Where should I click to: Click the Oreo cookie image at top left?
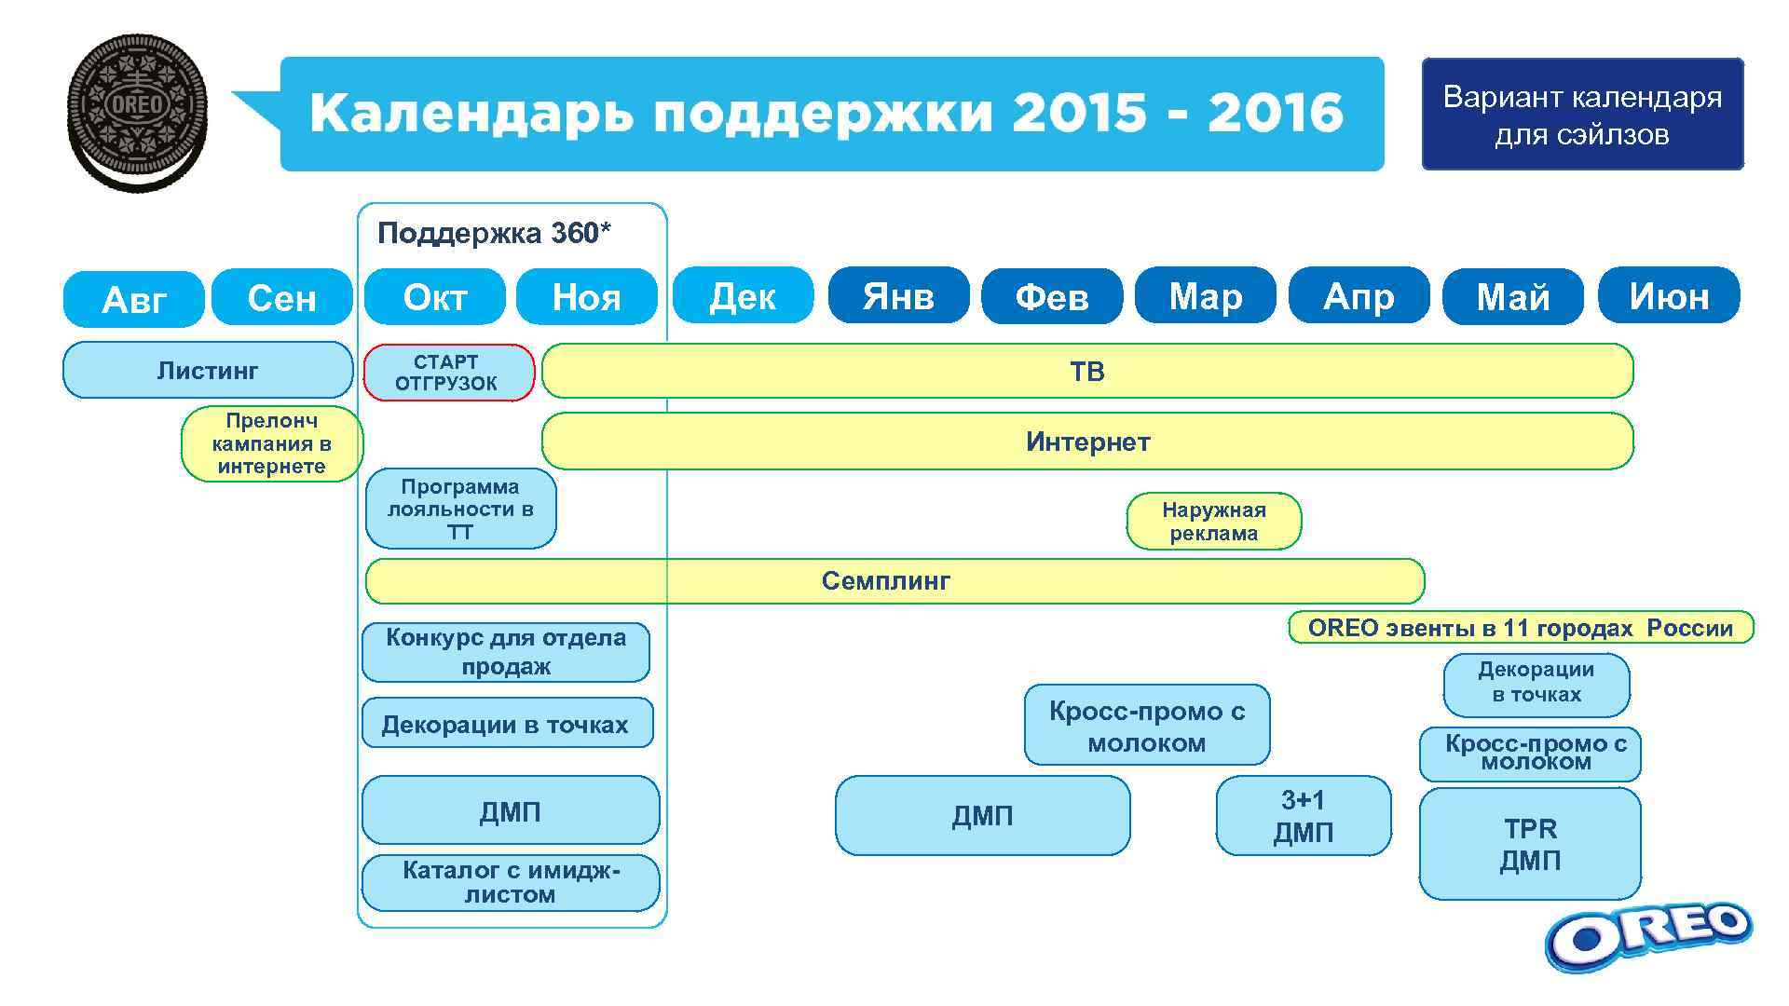138,113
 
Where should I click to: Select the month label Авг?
133,299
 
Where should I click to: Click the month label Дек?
743,296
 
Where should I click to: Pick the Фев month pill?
1051,297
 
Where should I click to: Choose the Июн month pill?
1668,296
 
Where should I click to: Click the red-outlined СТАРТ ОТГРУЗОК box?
447,373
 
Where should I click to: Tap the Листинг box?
207,371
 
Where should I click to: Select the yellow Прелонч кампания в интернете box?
271,443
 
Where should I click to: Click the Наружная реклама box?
1213,522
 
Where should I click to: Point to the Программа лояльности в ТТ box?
460,510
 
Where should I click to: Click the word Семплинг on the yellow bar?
885,581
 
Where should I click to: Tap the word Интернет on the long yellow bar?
1087,442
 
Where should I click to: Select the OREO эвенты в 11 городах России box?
1520,628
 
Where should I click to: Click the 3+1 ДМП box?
1303,816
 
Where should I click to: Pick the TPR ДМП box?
1529,844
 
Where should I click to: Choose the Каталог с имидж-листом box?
510,882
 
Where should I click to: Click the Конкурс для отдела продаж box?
505,652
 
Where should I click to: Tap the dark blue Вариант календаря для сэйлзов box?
1582,115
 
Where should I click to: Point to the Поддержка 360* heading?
494,233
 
